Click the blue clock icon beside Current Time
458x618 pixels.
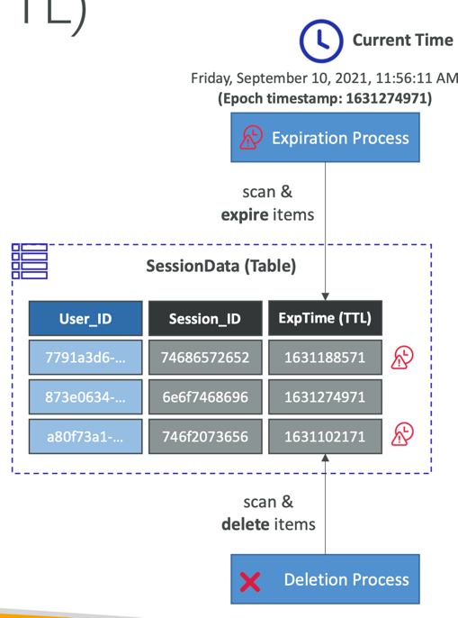click(x=321, y=41)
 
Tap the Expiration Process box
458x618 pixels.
click(x=326, y=138)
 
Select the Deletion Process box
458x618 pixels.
click(x=326, y=579)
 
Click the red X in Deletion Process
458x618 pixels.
click(x=250, y=582)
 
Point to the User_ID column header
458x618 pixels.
click(x=85, y=319)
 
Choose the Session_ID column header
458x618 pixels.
click(x=205, y=319)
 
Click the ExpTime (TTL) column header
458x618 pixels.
click(x=326, y=318)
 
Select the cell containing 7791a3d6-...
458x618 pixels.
click(x=85, y=358)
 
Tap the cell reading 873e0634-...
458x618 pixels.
click(x=85, y=397)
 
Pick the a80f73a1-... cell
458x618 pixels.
click(x=85, y=437)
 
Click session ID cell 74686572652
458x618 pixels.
click(x=205, y=358)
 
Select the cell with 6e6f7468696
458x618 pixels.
click(x=205, y=397)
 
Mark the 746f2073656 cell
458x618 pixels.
click(x=205, y=437)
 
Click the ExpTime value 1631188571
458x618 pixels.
click(x=326, y=358)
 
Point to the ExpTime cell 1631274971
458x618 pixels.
click(x=326, y=397)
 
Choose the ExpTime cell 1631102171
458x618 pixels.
click(x=326, y=437)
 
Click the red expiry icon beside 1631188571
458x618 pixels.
click(x=402, y=358)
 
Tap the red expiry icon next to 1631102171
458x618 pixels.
click(x=402, y=434)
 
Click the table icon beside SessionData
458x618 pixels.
click(x=30, y=261)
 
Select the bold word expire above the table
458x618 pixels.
click(x=245, y=215)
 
